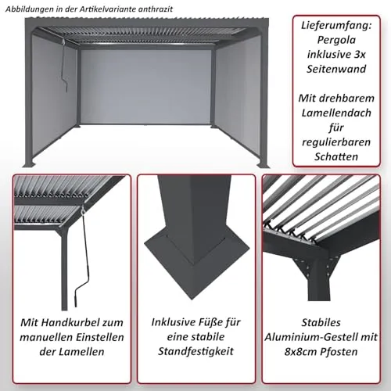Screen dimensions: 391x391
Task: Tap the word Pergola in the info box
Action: tap(336, 40)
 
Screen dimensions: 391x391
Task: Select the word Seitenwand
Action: tap(336, 69)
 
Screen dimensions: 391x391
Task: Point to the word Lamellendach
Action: tap(336, 113)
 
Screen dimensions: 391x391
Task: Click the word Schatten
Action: tap(336, 156)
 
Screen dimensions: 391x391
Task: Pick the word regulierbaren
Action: tap(336, 142)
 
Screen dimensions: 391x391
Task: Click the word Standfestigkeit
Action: tap(195, 351)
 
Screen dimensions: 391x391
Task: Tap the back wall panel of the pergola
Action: tap(146, 87)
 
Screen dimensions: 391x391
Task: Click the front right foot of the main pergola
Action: tap(262, 165)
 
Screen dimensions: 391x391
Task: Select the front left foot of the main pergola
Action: tap(30, 164)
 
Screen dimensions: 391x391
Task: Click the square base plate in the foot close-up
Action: tap(197, 264)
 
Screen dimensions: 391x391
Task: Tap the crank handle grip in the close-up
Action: tap(77, 299)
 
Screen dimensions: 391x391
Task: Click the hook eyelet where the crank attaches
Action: tap(83, 210)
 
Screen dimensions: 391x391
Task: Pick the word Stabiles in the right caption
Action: tap(321, 323)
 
